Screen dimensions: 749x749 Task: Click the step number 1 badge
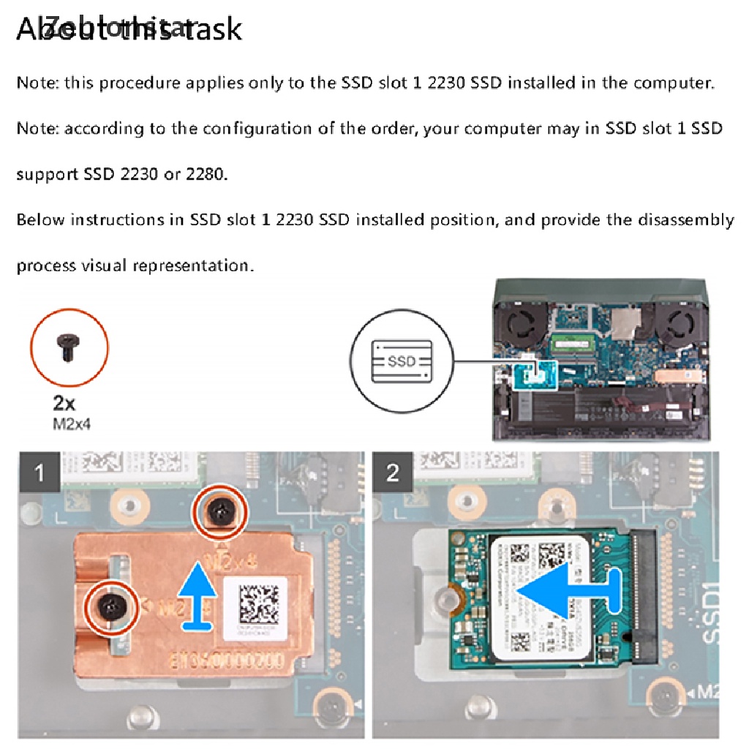click(39, 473)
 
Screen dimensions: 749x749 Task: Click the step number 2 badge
click(393, 473)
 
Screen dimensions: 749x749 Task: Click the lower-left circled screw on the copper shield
click(110, 605)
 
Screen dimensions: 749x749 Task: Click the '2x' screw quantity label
click(64, 403)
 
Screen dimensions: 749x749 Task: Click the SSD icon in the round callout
click(401, 361)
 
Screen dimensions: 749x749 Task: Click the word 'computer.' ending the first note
click(674, 83)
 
